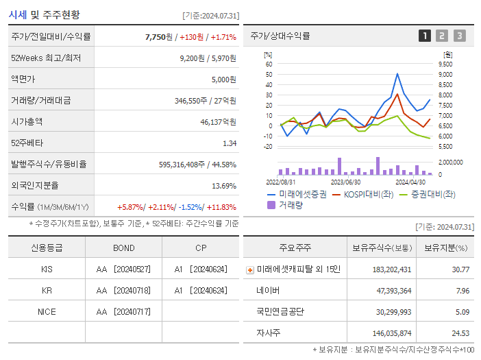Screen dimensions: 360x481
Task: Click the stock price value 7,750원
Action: click(x=159, y=36)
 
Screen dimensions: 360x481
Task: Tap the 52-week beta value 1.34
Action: click(x=230, y=143)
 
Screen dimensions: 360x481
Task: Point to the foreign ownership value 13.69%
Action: click(x=224, y=185)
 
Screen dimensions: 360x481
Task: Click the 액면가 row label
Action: click(x=25, y=79)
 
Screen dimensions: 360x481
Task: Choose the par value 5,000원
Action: click(x=221, y=79)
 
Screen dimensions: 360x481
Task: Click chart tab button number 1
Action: click(x=425, y=36)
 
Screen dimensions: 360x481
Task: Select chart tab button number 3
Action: click(x=459, y=36)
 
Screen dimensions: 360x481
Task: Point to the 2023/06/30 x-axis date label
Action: click(x=346, y=182)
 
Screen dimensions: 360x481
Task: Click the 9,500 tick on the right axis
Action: click(x=444, y=64)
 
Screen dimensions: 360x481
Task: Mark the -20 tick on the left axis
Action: click(x=268, y=146)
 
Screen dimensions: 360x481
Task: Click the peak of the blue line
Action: click(x=397, y=74)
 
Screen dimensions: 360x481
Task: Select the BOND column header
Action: click(x=124, y=248)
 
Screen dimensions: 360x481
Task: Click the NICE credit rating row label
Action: click(x=47, y=311)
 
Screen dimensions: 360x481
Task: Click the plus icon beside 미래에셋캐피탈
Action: click(x=250, y=269)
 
